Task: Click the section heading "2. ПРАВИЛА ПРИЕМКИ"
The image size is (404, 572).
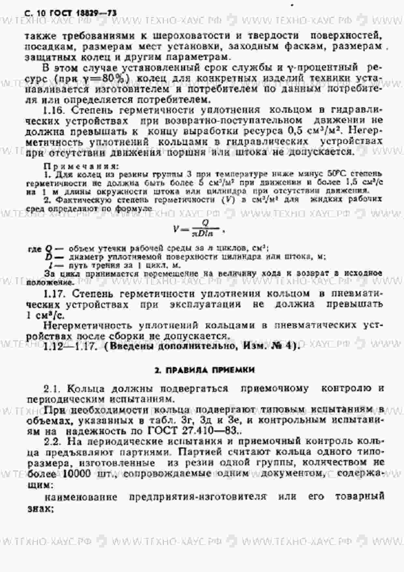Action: pyautogui.click(x=204, y=370)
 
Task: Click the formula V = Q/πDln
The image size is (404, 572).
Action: pyautogui.click(x=198, y=228)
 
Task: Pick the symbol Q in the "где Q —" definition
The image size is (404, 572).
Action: pyautogui.click(x=49, y=249)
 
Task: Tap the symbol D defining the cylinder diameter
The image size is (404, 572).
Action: pyautogui.click(x=49, y=257)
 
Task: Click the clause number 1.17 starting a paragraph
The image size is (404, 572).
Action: pyautogui.click(x=54, y=294)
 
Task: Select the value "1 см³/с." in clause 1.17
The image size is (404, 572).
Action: pyautogui.click(x=45, y=315)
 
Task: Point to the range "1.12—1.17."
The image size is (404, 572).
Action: pyautogui.click(x=70, y=346)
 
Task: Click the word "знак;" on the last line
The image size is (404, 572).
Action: pyautogui.click(x=40, y=508)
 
